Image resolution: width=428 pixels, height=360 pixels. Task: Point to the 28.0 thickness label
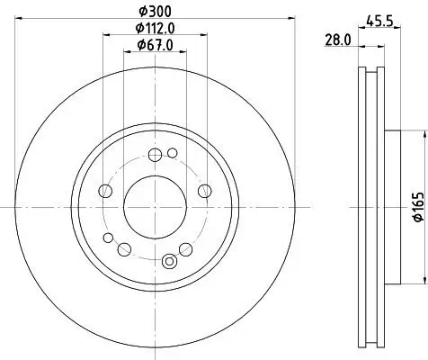point(338,41)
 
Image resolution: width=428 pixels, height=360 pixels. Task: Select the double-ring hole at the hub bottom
point(168,262)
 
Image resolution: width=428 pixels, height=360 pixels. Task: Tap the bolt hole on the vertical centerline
point(155,154)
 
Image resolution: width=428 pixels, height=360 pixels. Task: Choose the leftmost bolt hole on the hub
point(105,191)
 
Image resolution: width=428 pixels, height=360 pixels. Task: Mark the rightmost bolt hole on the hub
point(204,190)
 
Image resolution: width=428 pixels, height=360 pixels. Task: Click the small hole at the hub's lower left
point(109,238)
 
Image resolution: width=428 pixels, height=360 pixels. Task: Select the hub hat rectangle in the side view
point(394,206)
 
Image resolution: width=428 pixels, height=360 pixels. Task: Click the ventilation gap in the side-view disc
point(370,206)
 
